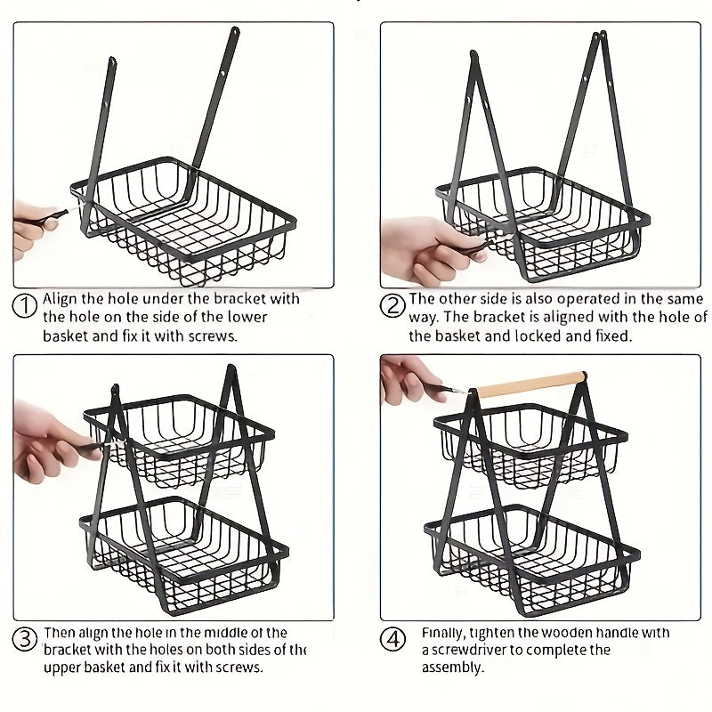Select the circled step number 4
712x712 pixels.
tap(392, 640)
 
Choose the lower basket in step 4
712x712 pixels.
tap(534, 556)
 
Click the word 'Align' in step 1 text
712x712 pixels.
tap(61, 299)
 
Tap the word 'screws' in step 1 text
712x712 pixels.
tap(215, 336)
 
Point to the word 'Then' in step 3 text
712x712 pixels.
tap(59, 633)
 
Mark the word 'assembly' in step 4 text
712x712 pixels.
tap(452, 667)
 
